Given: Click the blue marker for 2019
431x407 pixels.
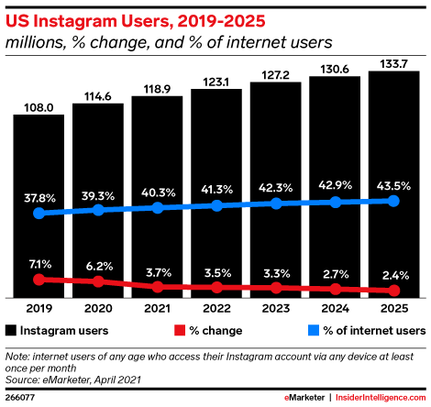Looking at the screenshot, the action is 39,213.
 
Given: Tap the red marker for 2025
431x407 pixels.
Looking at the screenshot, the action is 394,291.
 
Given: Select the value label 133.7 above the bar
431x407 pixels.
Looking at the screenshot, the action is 393,64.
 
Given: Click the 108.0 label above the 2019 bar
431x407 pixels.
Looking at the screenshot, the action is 39,107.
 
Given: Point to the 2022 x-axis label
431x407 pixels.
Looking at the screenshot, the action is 216,308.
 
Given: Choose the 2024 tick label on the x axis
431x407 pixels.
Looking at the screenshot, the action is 335,308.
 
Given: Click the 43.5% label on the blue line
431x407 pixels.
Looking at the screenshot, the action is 393,186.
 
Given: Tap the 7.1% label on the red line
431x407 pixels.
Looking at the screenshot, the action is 40,264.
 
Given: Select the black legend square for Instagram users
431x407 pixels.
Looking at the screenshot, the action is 11,331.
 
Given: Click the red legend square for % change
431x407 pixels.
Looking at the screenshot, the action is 180,331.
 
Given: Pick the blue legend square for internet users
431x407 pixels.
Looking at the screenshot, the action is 314,331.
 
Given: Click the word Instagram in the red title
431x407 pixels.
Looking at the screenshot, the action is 74,22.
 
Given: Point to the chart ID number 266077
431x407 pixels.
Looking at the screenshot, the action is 20,398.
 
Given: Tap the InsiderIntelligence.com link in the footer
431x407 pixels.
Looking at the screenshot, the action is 381,398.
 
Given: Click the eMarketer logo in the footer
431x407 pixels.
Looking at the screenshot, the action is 304,398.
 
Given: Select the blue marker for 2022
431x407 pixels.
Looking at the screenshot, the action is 216,205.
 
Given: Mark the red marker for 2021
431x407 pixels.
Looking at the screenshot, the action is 158,287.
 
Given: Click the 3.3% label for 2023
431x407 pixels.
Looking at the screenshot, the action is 277,273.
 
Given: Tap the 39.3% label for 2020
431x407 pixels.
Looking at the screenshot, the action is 98,196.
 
